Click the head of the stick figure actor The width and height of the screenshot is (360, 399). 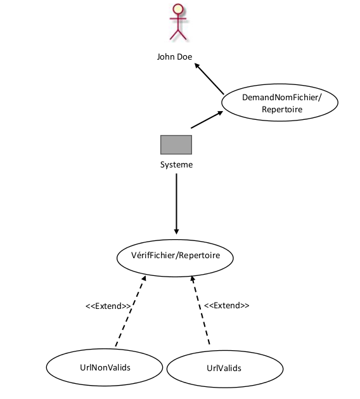coord(178,9)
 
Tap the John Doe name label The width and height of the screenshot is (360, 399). coord(174,56)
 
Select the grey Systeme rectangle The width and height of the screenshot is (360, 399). coord(176,145)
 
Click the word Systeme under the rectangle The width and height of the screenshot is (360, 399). coord(176,165)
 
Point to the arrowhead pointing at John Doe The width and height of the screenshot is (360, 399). coord(197,65)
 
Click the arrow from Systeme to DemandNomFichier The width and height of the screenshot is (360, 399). coord(207,119)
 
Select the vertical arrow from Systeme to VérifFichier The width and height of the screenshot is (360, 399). coord(176,204)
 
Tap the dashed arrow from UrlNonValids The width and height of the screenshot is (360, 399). coord(131,311)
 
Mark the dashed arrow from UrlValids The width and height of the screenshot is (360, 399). coord(200,310)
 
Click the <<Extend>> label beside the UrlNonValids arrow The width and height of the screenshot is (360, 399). coord(108,306)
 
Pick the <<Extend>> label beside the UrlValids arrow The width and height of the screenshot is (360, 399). coord(226,305)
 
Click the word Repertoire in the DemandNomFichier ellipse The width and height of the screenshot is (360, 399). coord(282,109)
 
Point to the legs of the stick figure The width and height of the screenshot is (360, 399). coord(178,35)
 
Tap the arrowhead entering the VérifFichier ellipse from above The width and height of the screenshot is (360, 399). coord(176,232)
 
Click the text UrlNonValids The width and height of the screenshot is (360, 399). coord(105,368)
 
